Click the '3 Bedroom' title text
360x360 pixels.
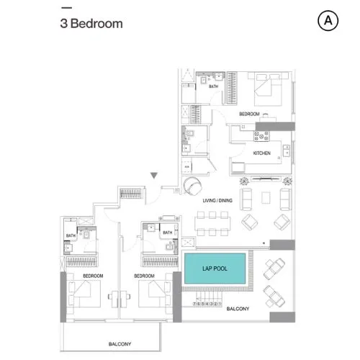(x=91, y=23)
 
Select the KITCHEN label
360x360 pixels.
(x=261, y=153)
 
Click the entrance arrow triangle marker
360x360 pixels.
(x=153, y=176)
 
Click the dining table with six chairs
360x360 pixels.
(x=213, y=222)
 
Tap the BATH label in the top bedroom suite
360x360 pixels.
(x=213, y=87)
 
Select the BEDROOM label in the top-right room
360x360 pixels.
(x=248, y=114)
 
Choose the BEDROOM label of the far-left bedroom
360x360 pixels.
(x=93, y=276)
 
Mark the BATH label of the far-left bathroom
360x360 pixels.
(x=71, y=235)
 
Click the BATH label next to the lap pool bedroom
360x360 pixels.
(x=167, y=233)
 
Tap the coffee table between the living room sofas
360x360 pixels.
(x=273, y=198)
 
